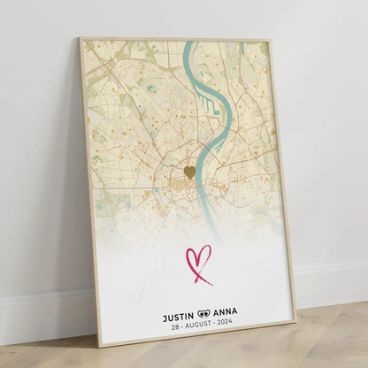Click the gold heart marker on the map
point(189,172)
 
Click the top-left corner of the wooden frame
point(80,39)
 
